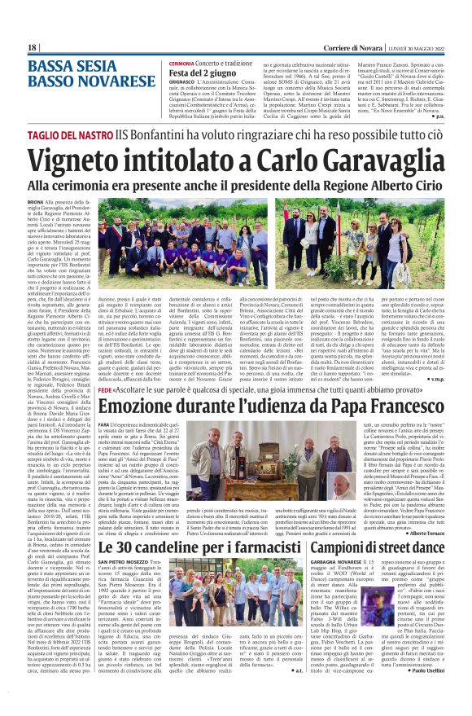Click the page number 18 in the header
click(x=33, y=48)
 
